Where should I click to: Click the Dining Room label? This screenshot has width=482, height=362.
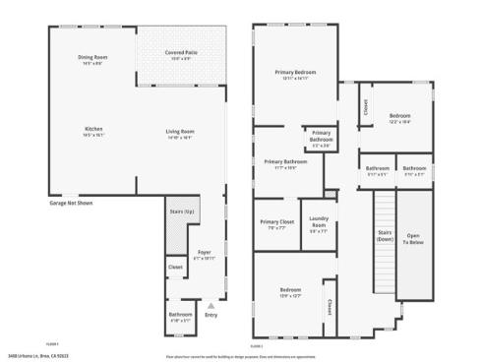92,57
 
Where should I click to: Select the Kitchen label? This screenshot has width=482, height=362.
93,129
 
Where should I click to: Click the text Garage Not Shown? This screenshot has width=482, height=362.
71,203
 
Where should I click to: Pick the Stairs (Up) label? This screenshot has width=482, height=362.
182,211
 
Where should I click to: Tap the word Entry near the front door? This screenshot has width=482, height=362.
211,316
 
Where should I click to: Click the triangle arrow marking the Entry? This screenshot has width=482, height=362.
210,307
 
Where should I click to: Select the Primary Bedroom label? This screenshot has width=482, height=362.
294,72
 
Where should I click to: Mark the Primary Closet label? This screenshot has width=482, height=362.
277,222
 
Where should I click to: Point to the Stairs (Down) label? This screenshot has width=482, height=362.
385,234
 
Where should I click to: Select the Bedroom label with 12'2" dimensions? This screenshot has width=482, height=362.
399,115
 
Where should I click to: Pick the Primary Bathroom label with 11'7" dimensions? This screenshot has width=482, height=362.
279,161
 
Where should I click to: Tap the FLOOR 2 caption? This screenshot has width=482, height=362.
257,346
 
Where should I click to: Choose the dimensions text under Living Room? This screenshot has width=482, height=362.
179,138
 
